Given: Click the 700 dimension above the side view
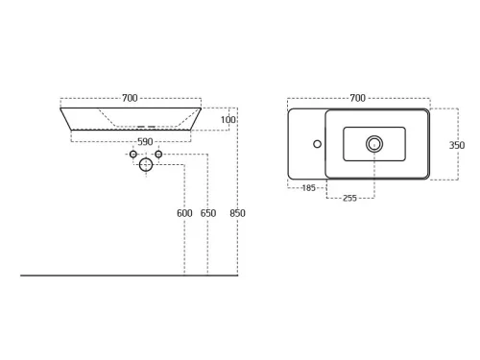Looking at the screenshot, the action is (130, 98).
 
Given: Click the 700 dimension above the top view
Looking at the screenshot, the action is (357, 98).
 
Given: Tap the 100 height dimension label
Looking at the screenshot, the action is (228, 120).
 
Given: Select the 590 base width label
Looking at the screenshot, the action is (145, 142).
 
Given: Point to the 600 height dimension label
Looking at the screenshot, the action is (184, 213).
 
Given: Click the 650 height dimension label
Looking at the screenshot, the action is (208, 213).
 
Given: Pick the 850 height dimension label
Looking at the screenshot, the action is (237, 213).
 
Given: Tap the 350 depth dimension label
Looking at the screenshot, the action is (457, 145).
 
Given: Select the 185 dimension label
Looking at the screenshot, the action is (308, 188).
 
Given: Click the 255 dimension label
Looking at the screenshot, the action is (349, 198).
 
